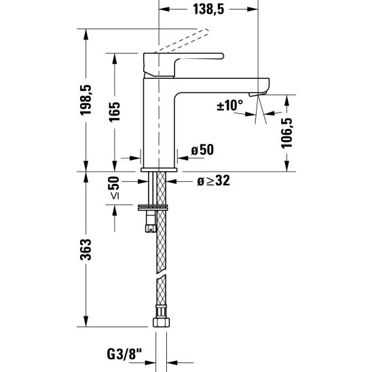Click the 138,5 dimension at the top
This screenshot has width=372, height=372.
208,10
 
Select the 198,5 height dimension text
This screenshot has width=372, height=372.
86,100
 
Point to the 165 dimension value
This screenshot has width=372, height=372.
114,112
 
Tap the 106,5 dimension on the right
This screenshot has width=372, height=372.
286,133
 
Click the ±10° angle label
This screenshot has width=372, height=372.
229,105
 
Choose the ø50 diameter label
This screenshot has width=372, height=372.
202,150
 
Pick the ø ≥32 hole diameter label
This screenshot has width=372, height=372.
214,181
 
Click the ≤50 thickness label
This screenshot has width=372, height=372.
114,187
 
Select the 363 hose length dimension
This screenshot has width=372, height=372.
86,249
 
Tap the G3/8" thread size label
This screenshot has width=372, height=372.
124,354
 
